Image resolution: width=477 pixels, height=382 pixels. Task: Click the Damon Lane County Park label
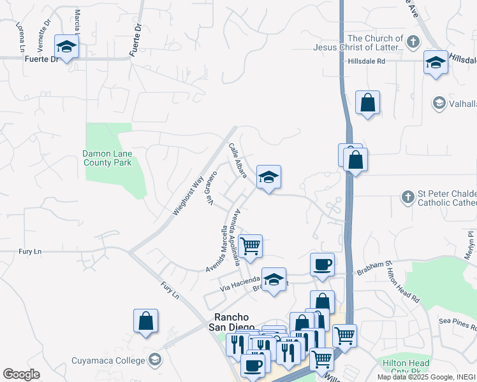107,158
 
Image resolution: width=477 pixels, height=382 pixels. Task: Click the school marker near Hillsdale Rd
436,62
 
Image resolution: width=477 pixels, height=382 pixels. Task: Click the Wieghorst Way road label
188,194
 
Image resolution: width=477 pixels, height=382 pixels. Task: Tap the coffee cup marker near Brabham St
322,264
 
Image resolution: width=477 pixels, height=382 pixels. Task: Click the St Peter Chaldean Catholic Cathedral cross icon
408,197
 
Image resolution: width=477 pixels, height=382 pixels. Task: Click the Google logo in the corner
21,374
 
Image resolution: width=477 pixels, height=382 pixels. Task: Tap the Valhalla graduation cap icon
439,103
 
